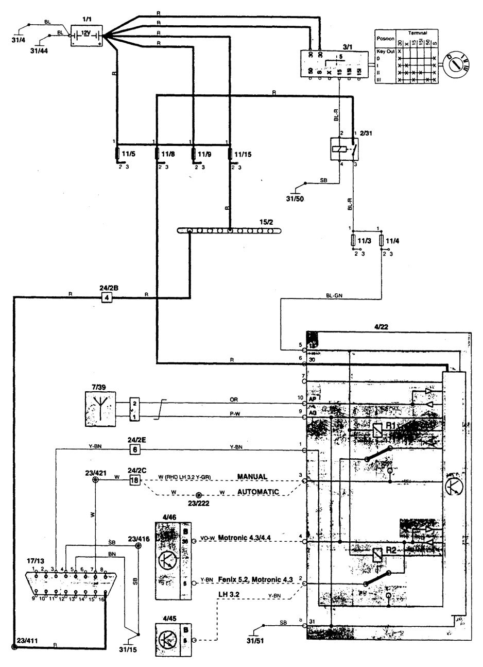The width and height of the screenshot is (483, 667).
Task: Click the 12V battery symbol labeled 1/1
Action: (x=85, y=36)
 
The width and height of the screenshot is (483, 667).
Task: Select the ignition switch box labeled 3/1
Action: (x=334, y=64)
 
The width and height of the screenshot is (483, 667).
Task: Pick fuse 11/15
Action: (x=230, y=154)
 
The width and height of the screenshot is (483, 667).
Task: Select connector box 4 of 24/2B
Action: (x=107, y=297)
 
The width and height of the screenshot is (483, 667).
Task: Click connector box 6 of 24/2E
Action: (x=134, y=449)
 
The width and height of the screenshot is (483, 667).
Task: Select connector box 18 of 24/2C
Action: (x=134, y=480)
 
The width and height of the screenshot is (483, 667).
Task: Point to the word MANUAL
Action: (x=252, y=477)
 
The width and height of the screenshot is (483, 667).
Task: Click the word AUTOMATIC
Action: (x=258, y=492)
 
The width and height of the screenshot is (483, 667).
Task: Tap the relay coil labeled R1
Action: (x=377, y=429)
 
